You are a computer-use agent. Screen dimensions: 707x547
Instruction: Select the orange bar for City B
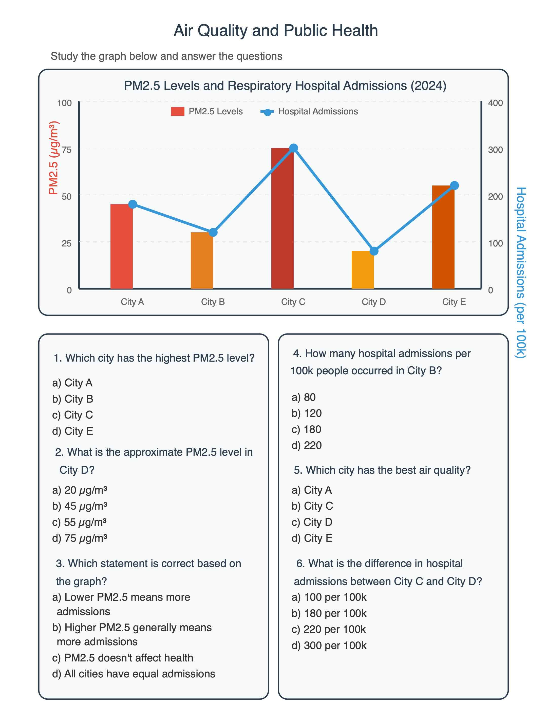202,260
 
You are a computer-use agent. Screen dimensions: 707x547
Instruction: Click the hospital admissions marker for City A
133,204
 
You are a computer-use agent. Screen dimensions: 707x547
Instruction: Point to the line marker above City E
454,185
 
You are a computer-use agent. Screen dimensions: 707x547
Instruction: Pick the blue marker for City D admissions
374,251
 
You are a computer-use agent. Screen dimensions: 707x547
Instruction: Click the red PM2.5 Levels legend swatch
178,111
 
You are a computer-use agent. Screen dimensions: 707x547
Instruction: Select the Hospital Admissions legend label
318,111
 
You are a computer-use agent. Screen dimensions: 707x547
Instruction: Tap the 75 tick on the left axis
66,150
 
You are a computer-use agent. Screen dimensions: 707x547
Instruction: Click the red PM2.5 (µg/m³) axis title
53,158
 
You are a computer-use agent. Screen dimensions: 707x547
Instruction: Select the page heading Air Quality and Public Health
276,31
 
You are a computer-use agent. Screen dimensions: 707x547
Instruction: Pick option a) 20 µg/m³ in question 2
80,490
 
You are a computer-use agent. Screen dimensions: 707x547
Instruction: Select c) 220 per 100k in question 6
329,629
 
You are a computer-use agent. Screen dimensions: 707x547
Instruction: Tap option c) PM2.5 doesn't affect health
122,658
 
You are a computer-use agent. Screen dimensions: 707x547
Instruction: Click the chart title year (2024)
428,86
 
